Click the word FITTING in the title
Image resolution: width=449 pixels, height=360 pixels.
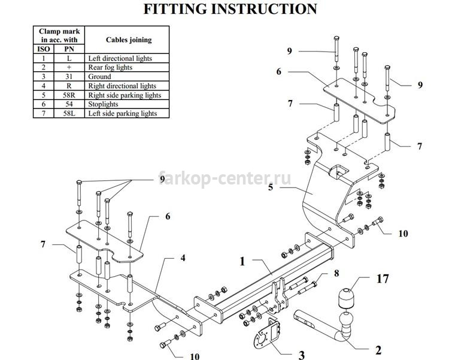[x=175, y=9]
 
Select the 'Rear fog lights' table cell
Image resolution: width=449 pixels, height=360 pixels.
[x=127, y=67]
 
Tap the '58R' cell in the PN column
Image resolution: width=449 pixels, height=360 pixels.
[x=69, y=95]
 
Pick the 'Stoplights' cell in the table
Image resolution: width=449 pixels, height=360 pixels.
[x=127, y=104]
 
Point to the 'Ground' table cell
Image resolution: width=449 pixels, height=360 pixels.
[x=127, y=77]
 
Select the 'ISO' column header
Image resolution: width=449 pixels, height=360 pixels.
[x=44, y=49]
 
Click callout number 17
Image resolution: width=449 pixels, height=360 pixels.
[x=383, y=279]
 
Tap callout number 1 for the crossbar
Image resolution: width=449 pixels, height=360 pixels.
[x=242, y=261]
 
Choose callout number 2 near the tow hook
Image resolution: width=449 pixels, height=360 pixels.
[x=378, y=350]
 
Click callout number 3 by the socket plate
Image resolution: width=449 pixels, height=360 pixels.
[x=301, y=355]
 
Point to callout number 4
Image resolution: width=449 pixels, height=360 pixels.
[x=183, y=258]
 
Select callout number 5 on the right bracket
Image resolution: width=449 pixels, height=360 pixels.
[x=271, y=187]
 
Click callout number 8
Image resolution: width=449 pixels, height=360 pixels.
[x=336, y=273]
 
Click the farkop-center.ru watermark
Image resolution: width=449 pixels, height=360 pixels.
[x=224, y=179]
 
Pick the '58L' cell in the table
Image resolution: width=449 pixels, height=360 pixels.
[x=69, y=113]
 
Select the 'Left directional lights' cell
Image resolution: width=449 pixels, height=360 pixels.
[x=127, y=58]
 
